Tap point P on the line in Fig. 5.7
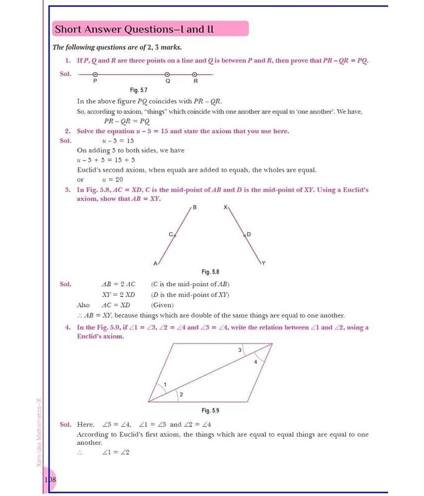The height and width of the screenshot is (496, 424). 95,74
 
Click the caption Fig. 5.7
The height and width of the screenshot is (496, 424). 138,90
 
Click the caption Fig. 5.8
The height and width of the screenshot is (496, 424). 210,272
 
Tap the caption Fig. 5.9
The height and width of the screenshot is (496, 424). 210,410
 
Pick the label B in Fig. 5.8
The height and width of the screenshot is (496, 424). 194,206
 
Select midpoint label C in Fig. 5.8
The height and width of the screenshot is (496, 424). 171,234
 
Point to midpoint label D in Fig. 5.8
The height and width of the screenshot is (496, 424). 249,234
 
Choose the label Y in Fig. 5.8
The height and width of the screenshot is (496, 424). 263,263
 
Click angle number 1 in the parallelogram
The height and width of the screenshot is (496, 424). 165,385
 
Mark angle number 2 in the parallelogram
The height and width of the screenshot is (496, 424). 181,394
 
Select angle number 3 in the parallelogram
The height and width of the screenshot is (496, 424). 240,351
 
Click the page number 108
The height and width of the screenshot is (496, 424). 50,480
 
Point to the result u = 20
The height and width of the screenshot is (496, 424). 112,179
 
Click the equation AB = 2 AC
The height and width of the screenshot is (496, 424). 118,284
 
